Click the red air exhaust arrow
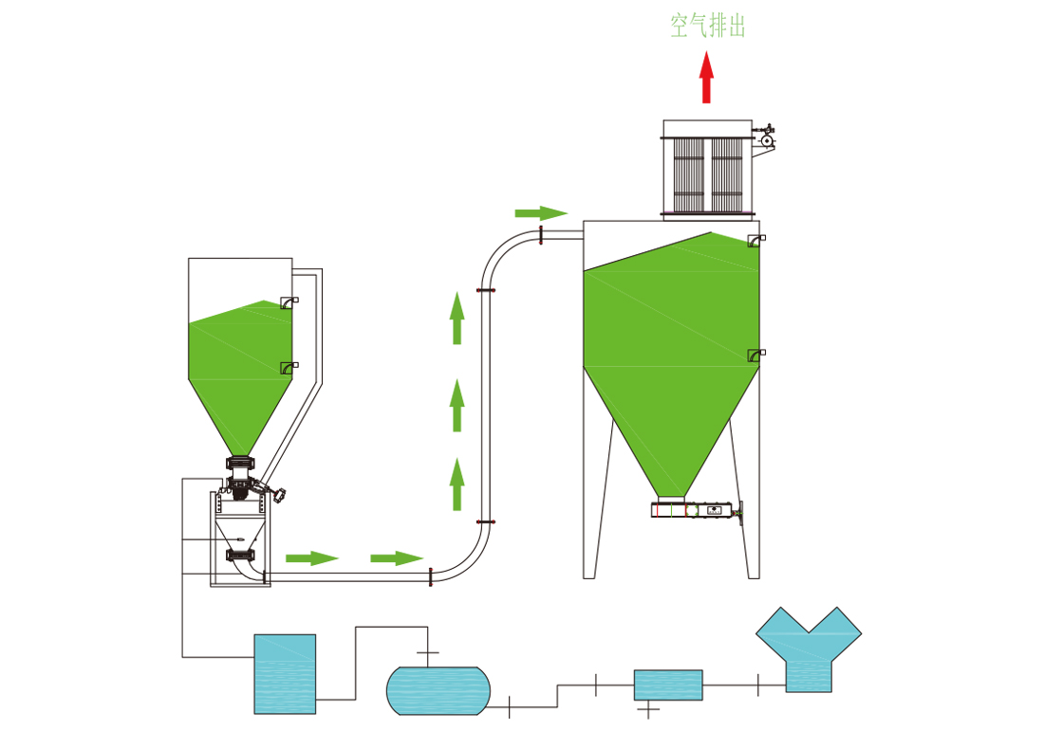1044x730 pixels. [706, 78]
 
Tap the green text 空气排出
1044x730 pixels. [707, 26]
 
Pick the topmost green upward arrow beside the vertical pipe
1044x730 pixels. [457, 318]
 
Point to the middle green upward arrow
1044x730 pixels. [457, 405]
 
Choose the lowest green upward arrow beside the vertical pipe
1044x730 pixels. [457, 484]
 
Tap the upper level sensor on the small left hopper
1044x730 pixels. [288, 303]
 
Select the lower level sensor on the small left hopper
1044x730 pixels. [288, 367]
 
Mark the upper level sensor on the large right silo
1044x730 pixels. [755, 240]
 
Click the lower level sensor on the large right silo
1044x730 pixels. [755, 356]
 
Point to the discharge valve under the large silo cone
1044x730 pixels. [695, 510]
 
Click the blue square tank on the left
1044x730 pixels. [285, 673]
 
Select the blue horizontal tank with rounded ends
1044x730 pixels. [438, 690]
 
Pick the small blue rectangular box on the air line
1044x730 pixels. [668, 684]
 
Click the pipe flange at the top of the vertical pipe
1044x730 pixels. [486, 291]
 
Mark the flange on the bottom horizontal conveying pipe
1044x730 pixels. [431, 575]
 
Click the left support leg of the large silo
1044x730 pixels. [591, 531]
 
